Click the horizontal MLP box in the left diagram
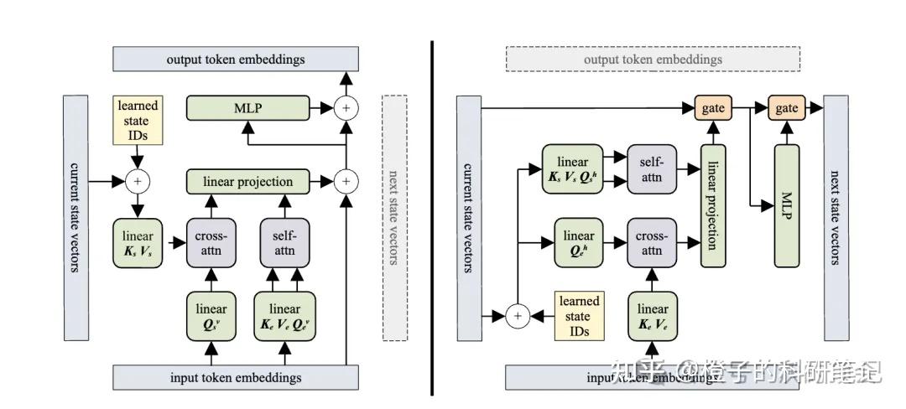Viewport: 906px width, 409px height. tap(247, 107)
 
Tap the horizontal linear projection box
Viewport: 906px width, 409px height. tap(247, 181)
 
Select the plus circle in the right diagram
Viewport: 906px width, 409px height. tap(518, 316)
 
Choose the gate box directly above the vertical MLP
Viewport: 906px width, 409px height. tap(786, 107)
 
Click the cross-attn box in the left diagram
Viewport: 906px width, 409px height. tap(211, 242)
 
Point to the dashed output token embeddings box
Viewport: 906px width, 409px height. tap(653, 60)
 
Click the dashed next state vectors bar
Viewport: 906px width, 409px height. tap(394, 217)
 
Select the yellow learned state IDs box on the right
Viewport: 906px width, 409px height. tap(579, 316)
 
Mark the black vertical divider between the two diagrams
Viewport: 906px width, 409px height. tap(432, 218)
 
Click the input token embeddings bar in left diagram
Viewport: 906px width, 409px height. tap(235, 377)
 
